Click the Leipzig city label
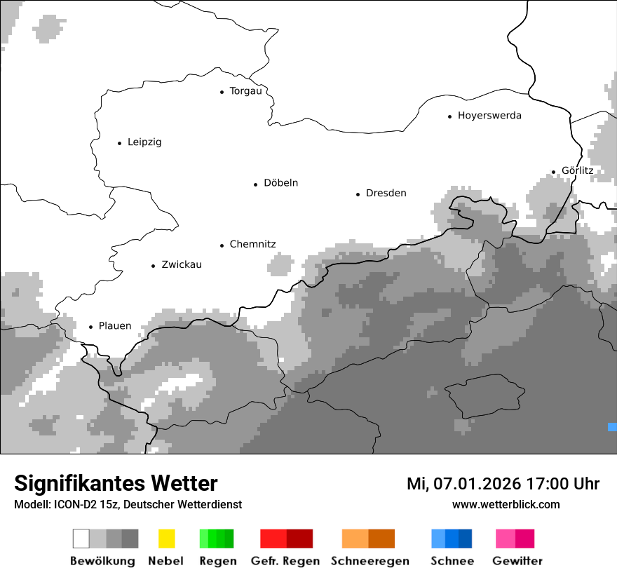pos(144,142)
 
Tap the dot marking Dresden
pos(358,194)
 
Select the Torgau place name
pos(245,91)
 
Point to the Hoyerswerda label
pos(489,116)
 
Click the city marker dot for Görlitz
pos(553,171)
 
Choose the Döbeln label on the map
pos(280,183)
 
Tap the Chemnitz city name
pos(252,245)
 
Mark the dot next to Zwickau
pos(153,266)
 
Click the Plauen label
pos(115,326)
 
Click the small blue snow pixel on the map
pos(612,426)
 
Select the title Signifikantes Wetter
pos(116,484)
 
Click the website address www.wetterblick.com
pos(506,505)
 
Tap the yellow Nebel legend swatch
pos(166,539)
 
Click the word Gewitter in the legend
pos(517,561)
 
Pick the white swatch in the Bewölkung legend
pos(81,539)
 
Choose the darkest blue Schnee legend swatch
pos(466,539)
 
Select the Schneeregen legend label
pos(369,561)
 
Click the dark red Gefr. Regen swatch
pos(299,539)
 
